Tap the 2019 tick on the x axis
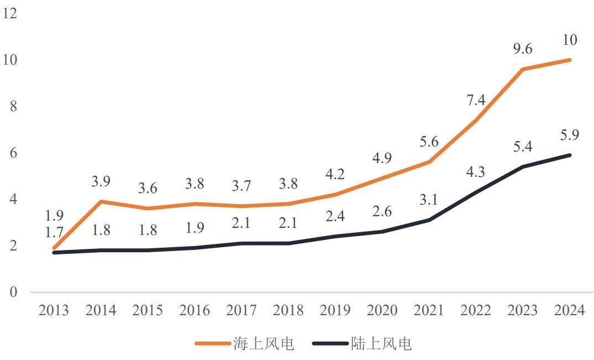coord(336,310)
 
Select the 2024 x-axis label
coord(569,310)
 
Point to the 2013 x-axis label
coord(54,310)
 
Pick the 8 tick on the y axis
coord(13,106)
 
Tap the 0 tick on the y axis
coord(13,291)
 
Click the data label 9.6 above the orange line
coord(522,49)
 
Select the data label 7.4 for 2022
coord(476,100)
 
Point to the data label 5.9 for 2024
coord(569,135)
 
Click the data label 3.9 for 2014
coord(101,181)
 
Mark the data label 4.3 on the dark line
coord(476,172)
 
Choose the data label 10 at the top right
coord(569,40)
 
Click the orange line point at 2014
coord(101,201)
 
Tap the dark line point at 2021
coord(429,220)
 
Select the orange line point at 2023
coord(523,69)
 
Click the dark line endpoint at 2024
coord(570,155)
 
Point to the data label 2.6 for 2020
coord(382,211)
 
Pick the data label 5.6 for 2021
coord(429,142)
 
